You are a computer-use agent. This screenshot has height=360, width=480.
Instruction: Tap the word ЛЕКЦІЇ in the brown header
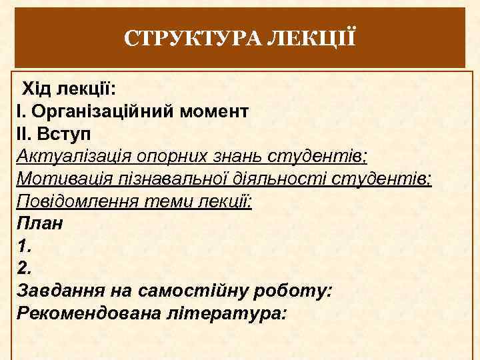click(x=311, y=38)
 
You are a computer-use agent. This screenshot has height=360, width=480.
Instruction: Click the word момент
click(x=213, y=111)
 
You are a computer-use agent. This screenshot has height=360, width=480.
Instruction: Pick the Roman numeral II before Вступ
click(x=23, y=133)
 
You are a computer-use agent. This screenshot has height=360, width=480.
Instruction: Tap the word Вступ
click(x=60, y=133)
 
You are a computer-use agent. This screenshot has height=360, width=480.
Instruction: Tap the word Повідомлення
click(x=79, y=201)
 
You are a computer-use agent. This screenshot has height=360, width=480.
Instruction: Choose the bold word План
click(x=39, y=223)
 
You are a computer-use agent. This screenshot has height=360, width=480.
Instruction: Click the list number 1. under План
click(x=24, y=246)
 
